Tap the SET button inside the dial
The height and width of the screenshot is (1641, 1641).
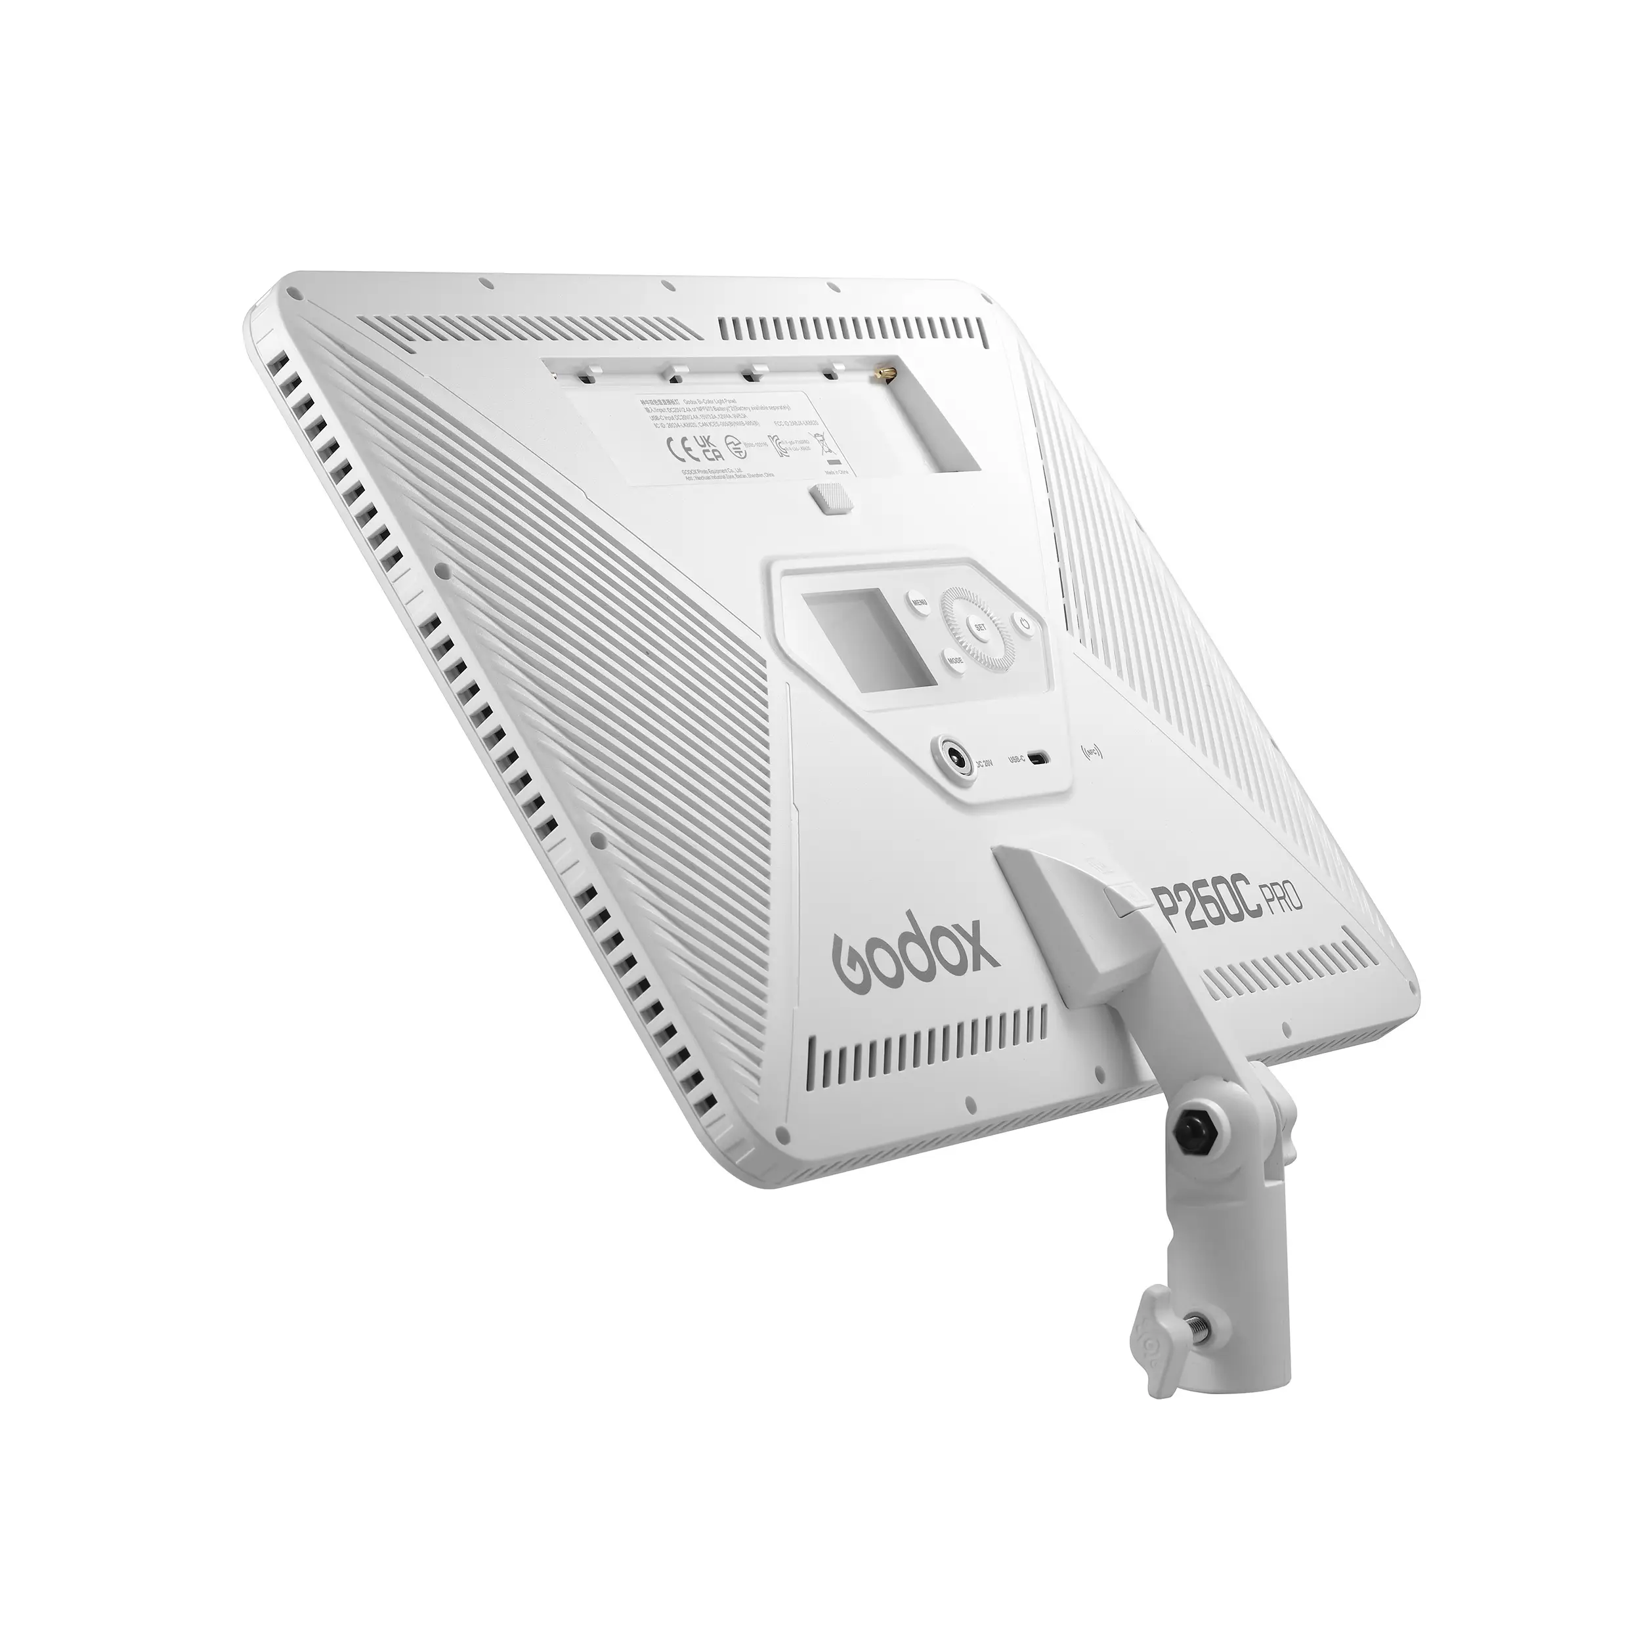pos(980,628)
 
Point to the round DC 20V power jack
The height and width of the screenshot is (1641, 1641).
pos(952,755)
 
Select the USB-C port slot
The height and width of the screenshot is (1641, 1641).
pos(1038,759)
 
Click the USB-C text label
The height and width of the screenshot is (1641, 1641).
pos(1016,759)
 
